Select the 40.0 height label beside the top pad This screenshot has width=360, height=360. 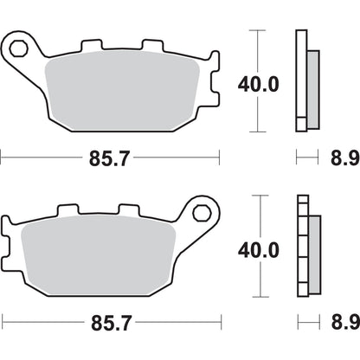point(258,84)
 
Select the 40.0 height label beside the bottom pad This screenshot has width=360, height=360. point(258,250)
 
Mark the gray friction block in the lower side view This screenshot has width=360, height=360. point(313,250)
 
